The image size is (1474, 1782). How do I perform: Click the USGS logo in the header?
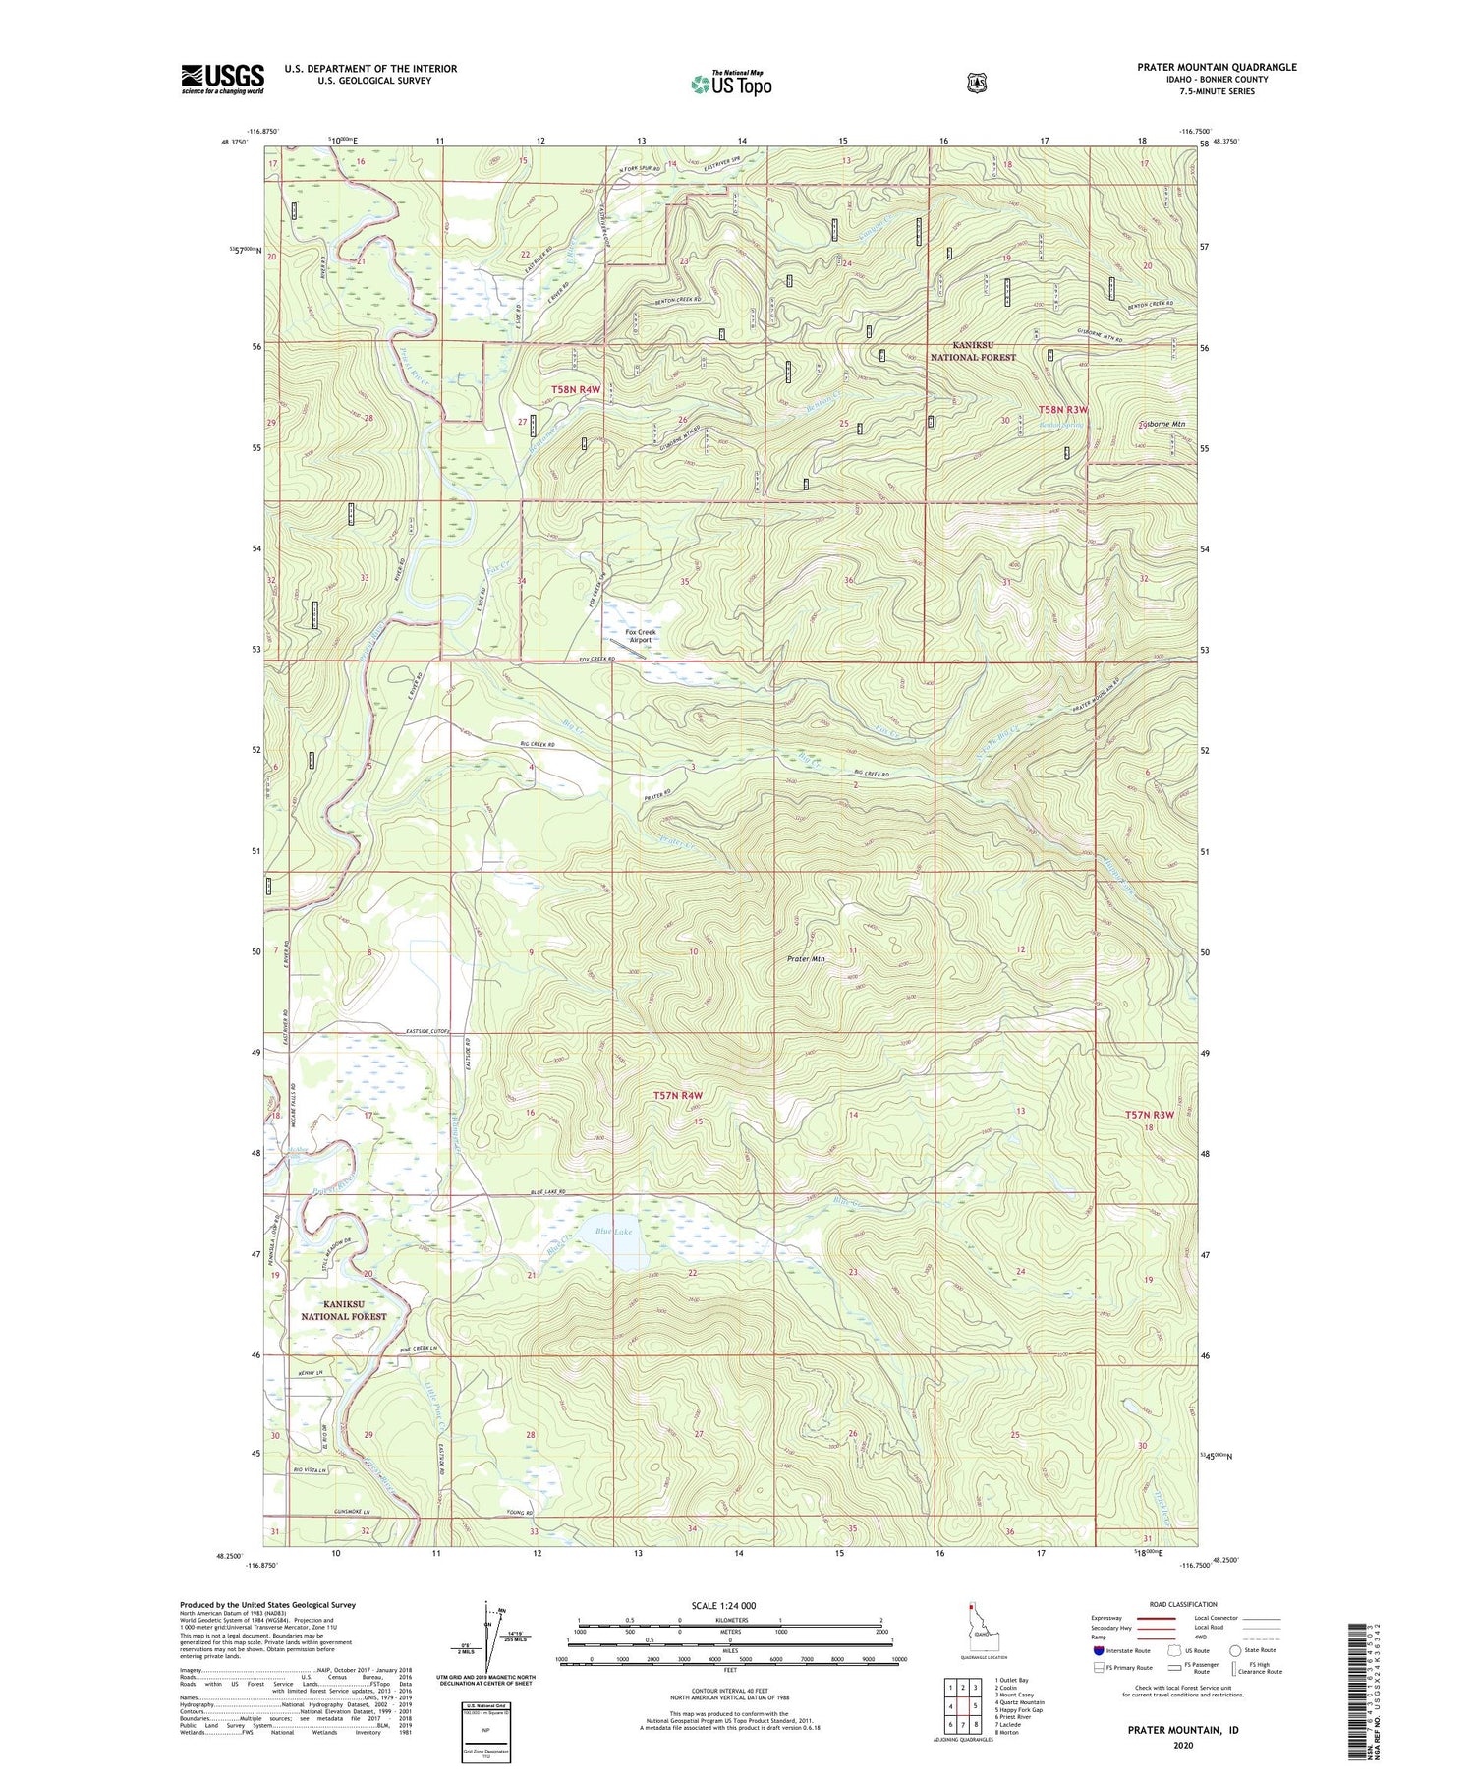tap(222, 79)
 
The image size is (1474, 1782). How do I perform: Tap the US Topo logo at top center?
tap(731, 84)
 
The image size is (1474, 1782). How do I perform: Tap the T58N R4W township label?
tap(575, 390)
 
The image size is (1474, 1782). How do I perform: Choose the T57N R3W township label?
tap(1150, 1115)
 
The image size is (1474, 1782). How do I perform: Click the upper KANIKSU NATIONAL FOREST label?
tap(973, 351)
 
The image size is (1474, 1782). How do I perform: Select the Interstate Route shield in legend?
tap(1098, 1651)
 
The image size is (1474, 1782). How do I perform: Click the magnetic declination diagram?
tap(486, 1638)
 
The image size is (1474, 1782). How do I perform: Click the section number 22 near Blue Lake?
tap(692, 1273)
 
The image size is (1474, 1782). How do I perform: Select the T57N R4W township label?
tap(678, 1095)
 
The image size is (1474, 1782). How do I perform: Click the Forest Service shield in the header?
tap(976, 84)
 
